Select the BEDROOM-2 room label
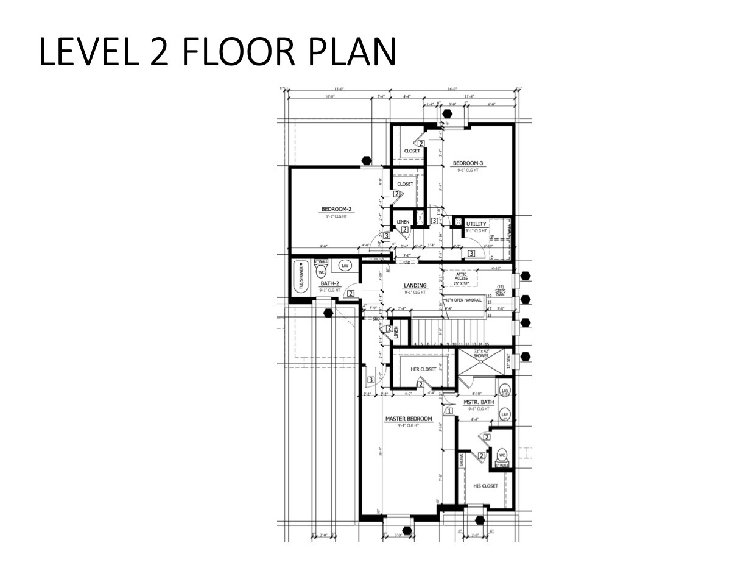(336, 209)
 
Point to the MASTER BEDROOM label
(409, 419)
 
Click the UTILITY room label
(476, 224)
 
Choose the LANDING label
(415, 285)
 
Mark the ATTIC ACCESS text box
(461, 279)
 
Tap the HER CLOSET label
(423, 369)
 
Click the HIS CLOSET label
(485, 486)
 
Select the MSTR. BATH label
(479, 402)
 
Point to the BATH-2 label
(329, 283)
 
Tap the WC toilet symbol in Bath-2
(321, 272)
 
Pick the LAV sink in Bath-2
(345, 266)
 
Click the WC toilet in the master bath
(502, 455)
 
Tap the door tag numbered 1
(449, 411)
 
